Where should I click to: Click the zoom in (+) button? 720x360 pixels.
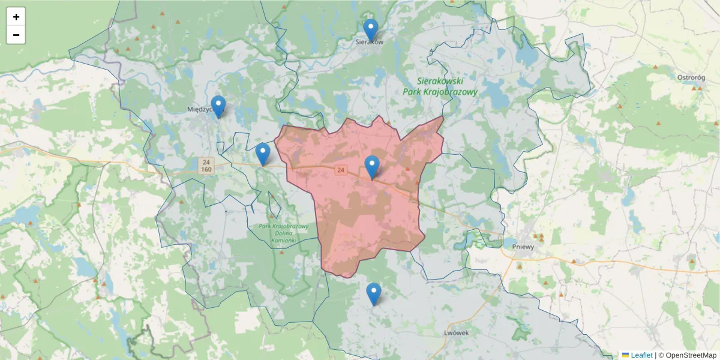[x=16, y=17]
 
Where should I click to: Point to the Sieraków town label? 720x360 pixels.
[x=369, y=43]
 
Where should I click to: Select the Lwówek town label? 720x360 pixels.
[x=455, y=333]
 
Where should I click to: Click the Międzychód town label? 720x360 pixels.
[x=201, y=109]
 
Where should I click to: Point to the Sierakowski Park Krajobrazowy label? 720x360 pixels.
[x=448, y=86]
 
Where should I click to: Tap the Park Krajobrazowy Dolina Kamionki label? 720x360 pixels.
[x=283, y=233]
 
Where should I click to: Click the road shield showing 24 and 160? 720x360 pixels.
[x=206, y=166]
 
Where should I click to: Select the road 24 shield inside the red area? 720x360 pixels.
[x=341, y=170]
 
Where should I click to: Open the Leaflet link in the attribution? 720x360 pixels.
[x=641, y=355]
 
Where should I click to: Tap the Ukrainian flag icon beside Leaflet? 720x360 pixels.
[x=625, y=355]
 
